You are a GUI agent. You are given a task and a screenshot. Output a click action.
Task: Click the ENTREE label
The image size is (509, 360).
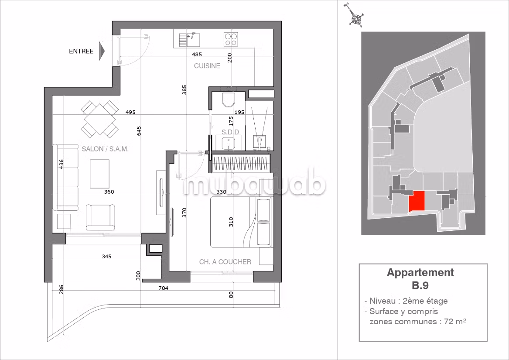click(x=81, y=51)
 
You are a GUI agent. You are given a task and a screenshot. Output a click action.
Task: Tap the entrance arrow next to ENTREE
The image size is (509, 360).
click(x=102, y=51)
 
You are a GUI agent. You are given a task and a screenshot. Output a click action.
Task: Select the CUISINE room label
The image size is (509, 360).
click(x=207, y=65)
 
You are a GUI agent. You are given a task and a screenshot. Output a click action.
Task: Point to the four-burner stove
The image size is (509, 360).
click(x=231, y=39)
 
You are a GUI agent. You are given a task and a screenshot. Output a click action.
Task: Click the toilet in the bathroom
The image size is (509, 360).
click(x=229, y=98)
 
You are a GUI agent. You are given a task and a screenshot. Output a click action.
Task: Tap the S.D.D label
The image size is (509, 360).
click(x=230, y=132)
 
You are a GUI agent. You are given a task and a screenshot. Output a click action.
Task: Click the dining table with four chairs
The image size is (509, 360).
click(x=99, y=118)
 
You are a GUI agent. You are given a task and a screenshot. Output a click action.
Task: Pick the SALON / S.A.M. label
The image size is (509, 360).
click(x=105, y=149)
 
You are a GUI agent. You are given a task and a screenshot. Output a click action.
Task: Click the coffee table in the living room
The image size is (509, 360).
click(x=99, y=174)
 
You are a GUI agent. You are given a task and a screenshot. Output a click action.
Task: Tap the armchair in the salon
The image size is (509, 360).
click(x=100, y=217)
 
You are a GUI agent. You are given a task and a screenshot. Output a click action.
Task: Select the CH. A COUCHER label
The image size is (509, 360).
click(x=225, y=261)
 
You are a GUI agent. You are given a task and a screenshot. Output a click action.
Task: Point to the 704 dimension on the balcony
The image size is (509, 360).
click(x=163, y=288)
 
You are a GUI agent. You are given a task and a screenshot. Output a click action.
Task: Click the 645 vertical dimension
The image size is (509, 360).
click(x=139, y=131)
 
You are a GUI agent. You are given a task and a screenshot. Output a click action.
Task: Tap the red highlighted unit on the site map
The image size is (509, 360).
click(x=417, y=201)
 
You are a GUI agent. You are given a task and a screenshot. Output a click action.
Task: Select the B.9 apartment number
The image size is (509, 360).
click(x=420, y=285)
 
